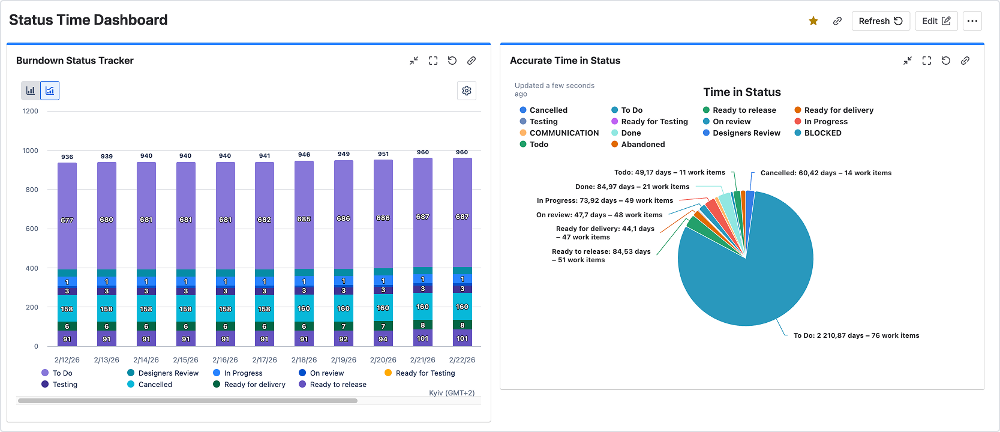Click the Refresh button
pos(881,21)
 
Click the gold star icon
pos(813,21)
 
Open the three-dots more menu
pos(972,21)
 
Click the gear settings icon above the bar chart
pos(467,91)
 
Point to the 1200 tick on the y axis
pos(31,111)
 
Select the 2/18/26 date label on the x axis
pos(304,359)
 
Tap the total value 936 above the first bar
pos(67,157)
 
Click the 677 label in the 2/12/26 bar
pos(67,220)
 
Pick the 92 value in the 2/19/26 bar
pos(343,339)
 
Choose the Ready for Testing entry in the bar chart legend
pos(420,373)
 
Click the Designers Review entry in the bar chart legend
pos(163,373)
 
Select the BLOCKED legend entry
pos(818,133)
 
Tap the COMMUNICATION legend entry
pos(559,133)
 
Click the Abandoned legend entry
pos(638,144)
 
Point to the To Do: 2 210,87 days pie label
pos(856,335)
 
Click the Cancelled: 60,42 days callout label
pos(826,173)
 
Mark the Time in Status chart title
pos(742,92)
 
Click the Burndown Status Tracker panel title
pos(75,61)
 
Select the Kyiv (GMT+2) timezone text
pos(452,392)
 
